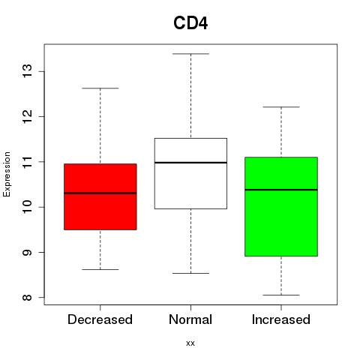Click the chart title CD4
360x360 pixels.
tap(190, 23)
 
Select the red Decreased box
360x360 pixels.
tap(100, 196)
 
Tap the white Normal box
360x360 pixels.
tap(190, 173)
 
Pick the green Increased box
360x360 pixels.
tap(281, 206)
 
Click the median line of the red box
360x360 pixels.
tap(100, 193)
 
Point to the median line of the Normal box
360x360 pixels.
tap(190, 163)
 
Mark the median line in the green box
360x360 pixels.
tap(281, 190)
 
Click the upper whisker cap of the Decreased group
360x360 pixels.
tap(100, 88)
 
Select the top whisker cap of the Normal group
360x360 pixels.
tap(190, 54)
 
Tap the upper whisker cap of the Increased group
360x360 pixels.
tap(281, 107)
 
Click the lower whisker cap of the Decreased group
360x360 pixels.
tap(100, 269)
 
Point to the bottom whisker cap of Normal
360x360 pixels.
tap(190, 273)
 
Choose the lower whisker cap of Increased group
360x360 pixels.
tap(281, 295)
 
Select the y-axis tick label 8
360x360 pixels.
tap(27, 297)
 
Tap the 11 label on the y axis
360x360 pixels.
tap(27, 162)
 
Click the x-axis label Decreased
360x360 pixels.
tap(100, 319)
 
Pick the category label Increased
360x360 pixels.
tap(281, 319)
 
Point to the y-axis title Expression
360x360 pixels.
tap(7, 174)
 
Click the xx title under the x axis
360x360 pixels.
tap(190, 343)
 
